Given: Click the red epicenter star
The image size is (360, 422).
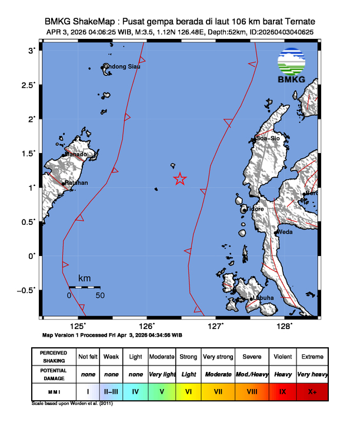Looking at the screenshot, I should (180, 179).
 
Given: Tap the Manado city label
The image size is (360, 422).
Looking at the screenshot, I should (76, 154).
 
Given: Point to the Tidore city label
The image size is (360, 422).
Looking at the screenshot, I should (255, 209).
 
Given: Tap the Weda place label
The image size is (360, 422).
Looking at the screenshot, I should (285, 232).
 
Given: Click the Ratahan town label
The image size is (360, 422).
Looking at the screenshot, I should (76, 183).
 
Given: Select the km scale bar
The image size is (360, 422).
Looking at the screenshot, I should (84, 287).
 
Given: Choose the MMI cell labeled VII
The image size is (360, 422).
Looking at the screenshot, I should (217, 391).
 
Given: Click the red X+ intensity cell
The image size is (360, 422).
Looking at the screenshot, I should (312, 391).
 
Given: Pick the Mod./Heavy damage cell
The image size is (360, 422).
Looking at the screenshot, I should (250, 374).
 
